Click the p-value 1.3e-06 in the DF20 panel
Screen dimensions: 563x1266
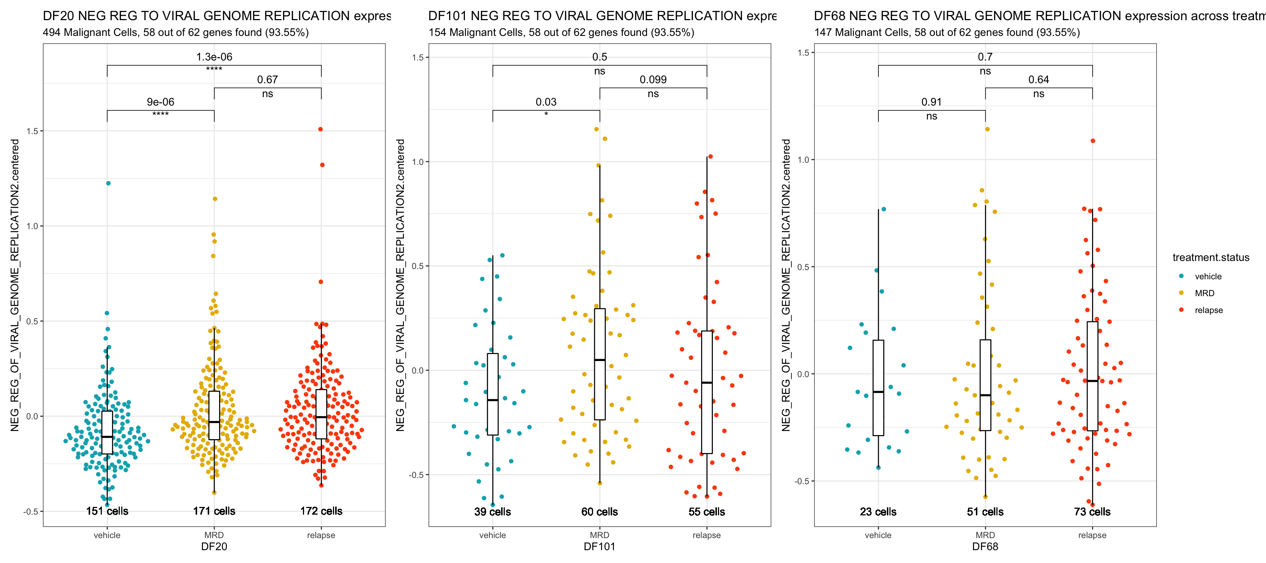(x=214, y=57)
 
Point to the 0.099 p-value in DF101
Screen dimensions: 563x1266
(x=653, y=80)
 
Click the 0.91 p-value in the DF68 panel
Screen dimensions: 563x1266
(x=931, y=102)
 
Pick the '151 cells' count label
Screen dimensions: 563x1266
(x=107, y=511)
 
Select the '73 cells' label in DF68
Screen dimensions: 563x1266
(x=1092, y=511)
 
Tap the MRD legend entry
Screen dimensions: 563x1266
(x=1204, y=293)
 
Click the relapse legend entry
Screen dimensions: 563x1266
(x=1208, y=310)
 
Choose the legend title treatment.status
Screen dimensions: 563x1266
(x=1210, y=258)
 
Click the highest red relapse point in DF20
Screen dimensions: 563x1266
(x=321, y=129)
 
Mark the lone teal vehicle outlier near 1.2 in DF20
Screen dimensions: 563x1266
(x=108, y=183)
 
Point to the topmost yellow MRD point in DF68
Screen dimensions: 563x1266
(x=987, y=129)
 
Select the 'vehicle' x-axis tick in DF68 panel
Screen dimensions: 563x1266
(x=878, y=535)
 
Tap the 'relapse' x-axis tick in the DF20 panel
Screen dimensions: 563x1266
(x=321, y=535)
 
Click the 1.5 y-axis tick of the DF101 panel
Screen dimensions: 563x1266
(x=417, y=58)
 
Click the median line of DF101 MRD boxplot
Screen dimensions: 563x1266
(x=600, y=360)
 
